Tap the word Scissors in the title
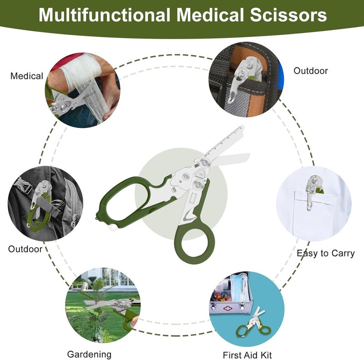click(288, 15)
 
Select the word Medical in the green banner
click(211, 15)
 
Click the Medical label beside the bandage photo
click(27, 76)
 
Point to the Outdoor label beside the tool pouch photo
click(311, 71)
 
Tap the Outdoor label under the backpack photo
click(25, 249)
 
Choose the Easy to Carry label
click(325, 254)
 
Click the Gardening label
click(89, 355)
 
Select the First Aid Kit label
click(247, 355)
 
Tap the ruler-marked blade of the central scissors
click(223, 142)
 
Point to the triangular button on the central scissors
click(200, 173)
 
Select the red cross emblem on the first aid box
click(228, 309)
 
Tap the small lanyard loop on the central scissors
click(113, 228)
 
